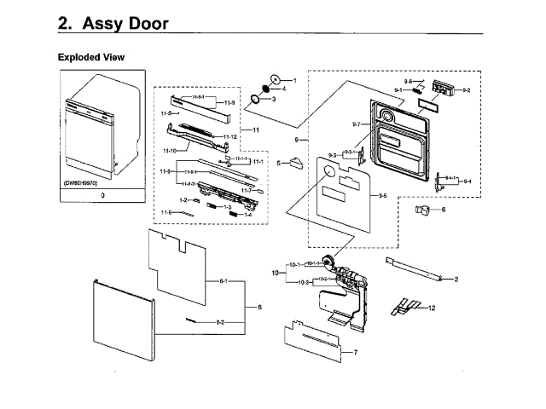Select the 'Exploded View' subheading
click(90, 57)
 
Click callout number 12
click(432, 307)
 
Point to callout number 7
click(355, 352)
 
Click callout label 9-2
click(466, 89)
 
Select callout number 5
click(278, 162)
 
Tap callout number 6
click(443, 209)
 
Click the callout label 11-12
click(229, 136)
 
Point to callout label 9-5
click(383, 196)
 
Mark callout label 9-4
click(466, 181)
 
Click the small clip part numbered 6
click(424, 210)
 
